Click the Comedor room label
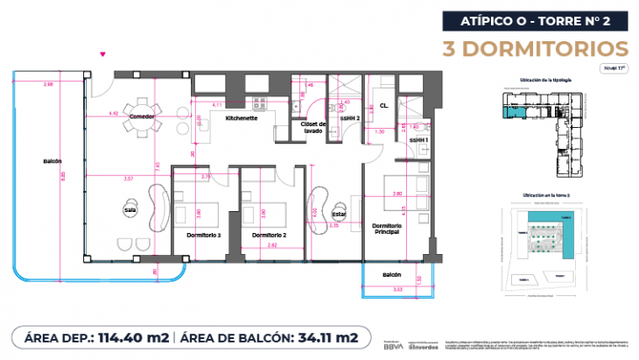142,116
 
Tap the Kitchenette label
240,117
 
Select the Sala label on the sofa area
129,209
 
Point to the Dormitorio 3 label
204,236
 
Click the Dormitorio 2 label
269,236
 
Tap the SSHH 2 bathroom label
350,117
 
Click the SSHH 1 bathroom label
420,139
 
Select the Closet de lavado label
313,128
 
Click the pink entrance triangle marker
104,55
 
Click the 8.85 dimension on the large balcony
63,174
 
